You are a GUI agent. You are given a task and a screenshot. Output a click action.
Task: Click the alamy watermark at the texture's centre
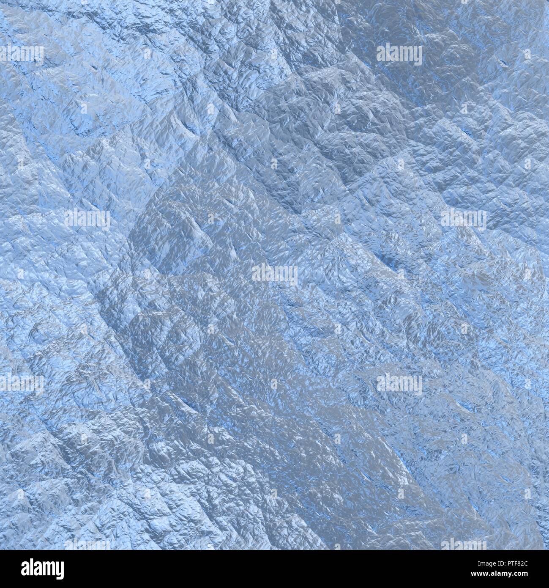click(275, 274)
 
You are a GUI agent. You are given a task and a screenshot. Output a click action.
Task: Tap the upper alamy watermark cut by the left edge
click(21, 54)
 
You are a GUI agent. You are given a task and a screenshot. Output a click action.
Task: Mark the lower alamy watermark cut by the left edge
click(21, 383)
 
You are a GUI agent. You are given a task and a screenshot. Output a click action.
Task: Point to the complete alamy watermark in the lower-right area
click(399, 383)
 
